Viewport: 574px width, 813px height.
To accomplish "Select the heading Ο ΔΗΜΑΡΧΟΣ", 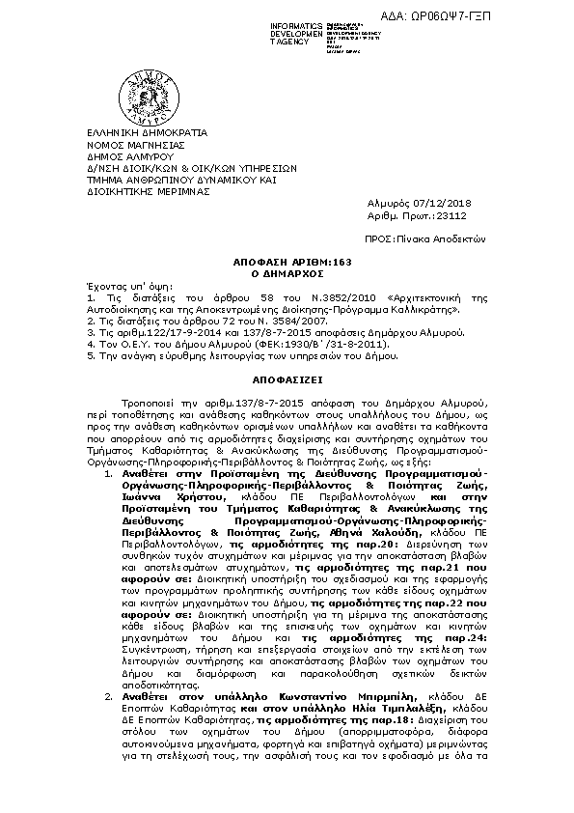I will point(287,273).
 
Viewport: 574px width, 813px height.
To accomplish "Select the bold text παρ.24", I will point(454,637).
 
